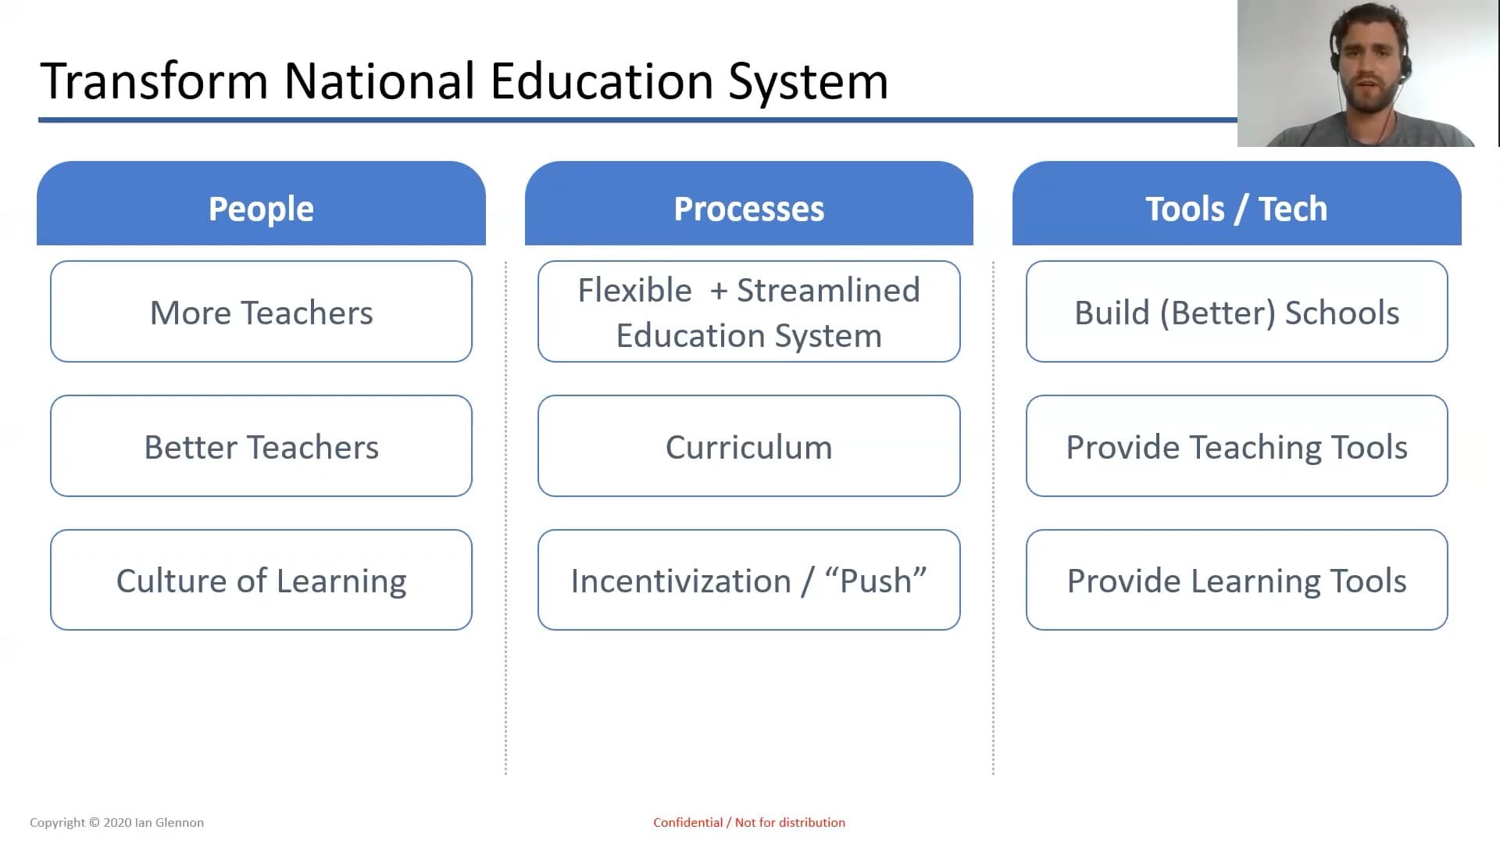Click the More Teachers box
pyautogui.click(x=261, y=312)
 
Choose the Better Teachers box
pyautogui.click(x=261, y=446)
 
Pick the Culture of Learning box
pyautogui.click(x=261, y=580)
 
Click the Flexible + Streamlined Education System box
pyautogui.click(x=748, y=312)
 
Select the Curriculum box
pyautogui.click(x=748, y=446)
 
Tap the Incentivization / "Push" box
pyautogui.click(x=748, y=580)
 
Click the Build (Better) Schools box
pyautogui.click(x=1237, y=312)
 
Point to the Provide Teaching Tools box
pyautogui.click(x=1237, y=446)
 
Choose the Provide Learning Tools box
pyautogui.click(x=1237, y=580)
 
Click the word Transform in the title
pyautogui.click(x=154, y=81)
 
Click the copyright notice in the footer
pyautogui.click(x=116, y=822)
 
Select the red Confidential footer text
pyautogui.click(x=749, y=822)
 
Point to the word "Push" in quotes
pyautogui.click(x=876, y=581)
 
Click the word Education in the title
pyautogui.click(x=602, y=81)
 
